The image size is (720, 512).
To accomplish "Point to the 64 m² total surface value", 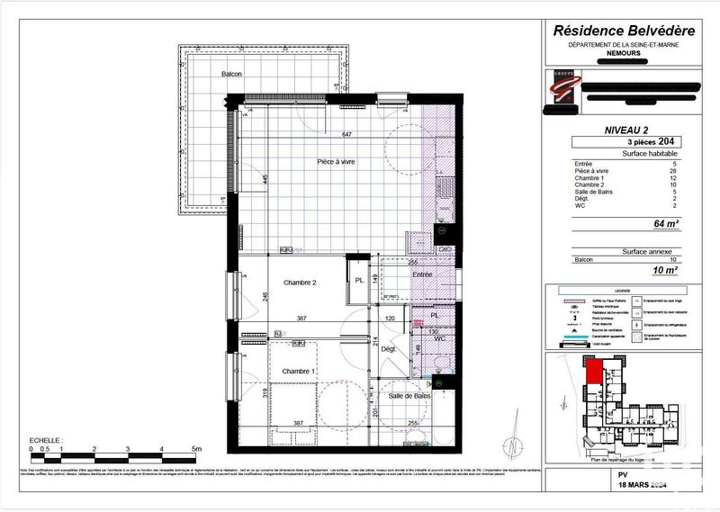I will coord(665,223).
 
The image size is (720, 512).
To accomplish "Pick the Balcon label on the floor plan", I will coord(232,74).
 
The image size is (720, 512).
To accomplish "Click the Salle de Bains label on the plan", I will coord(409,396).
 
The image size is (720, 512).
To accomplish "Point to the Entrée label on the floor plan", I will coord(422,274).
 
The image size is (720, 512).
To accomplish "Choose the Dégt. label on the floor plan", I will coord(388,349).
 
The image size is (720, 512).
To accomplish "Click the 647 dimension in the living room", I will coord(346,135).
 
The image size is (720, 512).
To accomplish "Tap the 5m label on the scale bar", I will coord(196,447).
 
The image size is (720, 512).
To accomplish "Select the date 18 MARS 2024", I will coord(628,486).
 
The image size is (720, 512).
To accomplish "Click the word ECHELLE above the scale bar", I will coord(45,439).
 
